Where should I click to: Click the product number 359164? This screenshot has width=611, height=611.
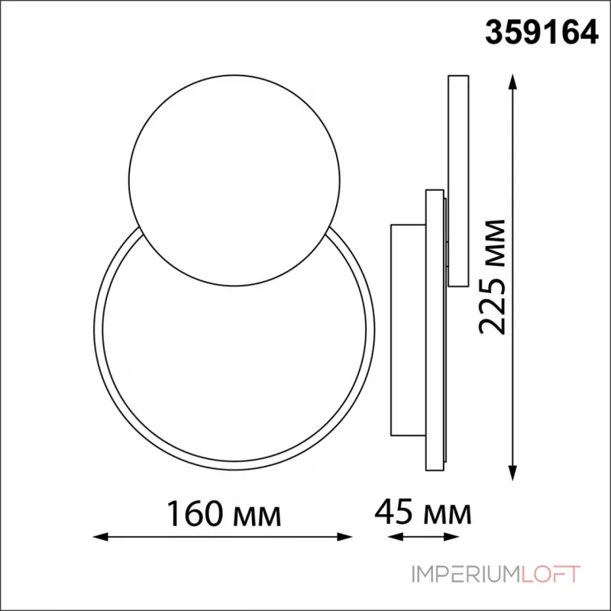pos(541,33)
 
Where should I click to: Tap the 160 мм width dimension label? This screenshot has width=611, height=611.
pos(224,513)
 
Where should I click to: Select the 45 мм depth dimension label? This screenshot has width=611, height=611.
pos(423,512)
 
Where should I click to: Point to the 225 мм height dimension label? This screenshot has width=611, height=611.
pos(492,277)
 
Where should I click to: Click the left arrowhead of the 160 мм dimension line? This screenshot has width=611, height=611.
pos(101,537)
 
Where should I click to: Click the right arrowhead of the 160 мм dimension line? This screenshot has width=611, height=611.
pos(344,537)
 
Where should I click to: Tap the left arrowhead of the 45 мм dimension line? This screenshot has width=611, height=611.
pos(395,537)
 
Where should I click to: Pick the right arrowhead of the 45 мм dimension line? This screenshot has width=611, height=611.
pos(451,537)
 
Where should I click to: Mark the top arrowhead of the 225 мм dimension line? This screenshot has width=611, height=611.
pos(513,82)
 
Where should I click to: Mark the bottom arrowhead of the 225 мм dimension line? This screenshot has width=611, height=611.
pos(513,473)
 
